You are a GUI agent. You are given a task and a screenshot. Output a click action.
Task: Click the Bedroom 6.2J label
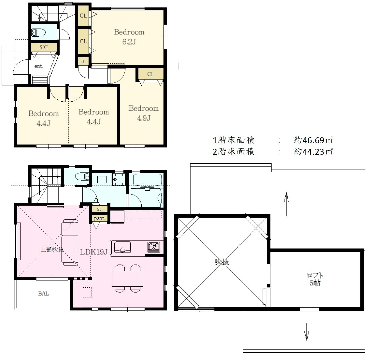(129, 37)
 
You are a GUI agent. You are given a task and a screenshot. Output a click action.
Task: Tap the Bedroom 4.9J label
(144, 113)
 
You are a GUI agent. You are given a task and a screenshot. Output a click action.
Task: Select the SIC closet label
(43, 47)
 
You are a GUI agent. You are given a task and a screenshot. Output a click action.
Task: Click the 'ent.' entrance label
(39, 66)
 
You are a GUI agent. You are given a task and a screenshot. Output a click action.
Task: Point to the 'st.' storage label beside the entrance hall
(83, 62)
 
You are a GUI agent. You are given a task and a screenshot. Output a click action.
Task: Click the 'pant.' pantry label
(100, 218)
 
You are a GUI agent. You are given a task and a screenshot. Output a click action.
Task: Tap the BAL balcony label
(43, 294)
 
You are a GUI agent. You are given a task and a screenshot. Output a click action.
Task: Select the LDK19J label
(94, 252)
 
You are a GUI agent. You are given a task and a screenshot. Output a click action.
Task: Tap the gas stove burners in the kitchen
(154, 247)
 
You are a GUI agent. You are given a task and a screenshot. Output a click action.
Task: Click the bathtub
(147, 180)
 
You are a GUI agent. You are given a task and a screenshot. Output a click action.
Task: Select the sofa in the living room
(70, 243)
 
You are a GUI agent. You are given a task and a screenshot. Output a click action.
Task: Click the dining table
(127, 279)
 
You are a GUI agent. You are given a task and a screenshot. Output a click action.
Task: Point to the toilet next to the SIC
(39, 32)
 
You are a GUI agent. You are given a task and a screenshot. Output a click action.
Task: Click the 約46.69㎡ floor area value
(313, 140)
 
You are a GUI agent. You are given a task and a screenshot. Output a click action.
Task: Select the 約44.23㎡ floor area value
(313, 151)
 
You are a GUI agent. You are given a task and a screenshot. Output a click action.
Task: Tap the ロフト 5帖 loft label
(315, 279)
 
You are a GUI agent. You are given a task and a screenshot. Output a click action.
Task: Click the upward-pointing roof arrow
(286, 204)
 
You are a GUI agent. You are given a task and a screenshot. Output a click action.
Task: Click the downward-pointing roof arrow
(306, 332)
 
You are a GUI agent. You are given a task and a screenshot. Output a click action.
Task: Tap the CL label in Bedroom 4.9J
(151, 74)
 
